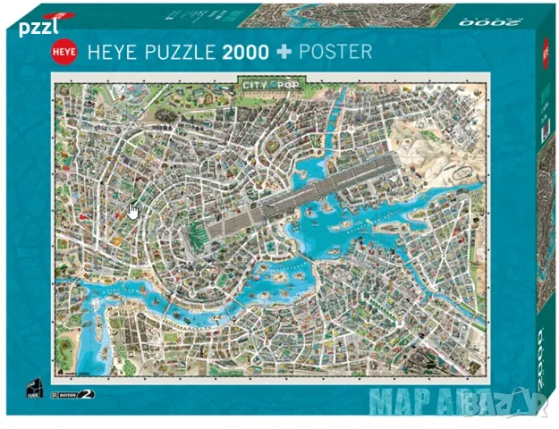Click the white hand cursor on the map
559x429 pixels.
[133, 211]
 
